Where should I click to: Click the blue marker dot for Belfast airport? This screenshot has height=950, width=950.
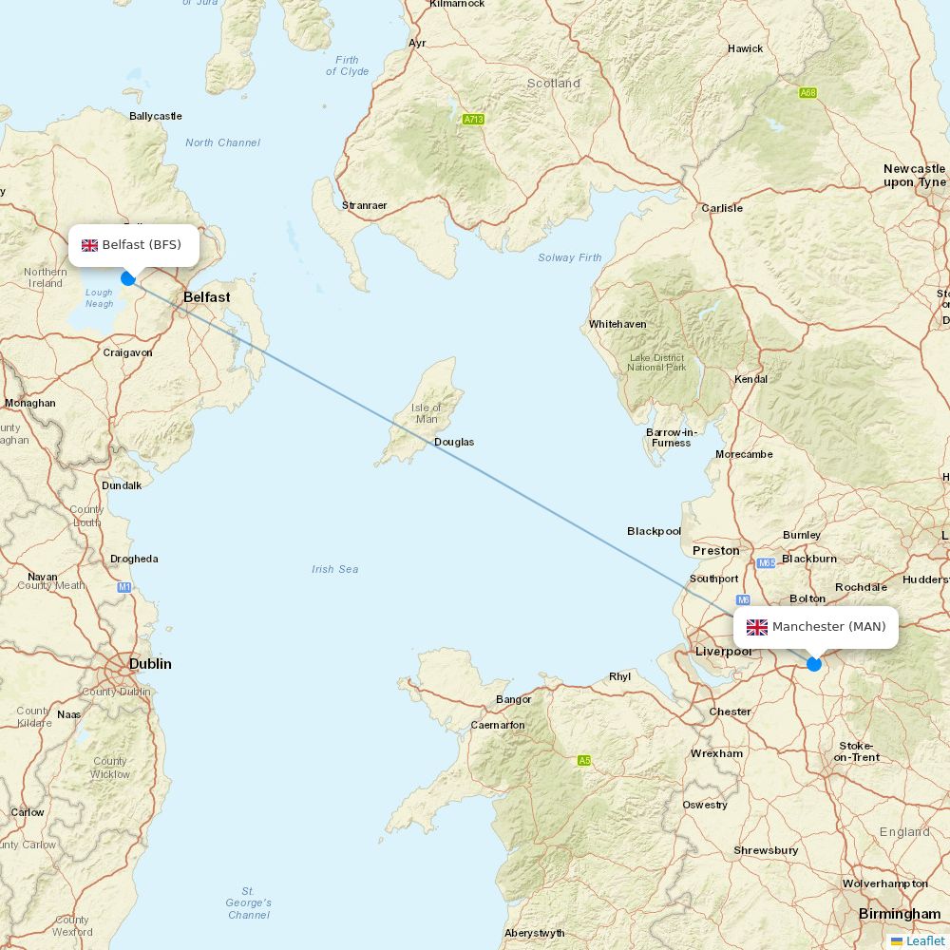point(128,278)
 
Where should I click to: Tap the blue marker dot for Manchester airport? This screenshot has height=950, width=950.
point(814,664)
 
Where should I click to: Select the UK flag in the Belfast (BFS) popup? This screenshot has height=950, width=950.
point(89,245)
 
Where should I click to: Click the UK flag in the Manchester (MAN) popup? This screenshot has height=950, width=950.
point(757,627)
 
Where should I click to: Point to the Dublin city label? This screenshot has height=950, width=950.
point(150,664)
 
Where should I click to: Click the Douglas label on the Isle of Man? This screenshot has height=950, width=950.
point(454,442)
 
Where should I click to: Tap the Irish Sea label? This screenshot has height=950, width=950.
point(335,569)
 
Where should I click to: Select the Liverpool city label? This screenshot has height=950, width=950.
point(724,651)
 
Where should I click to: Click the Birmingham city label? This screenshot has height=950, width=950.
point(899,914)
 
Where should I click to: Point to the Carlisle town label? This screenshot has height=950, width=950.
point(722,208)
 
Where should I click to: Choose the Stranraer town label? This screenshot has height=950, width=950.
point(365,205)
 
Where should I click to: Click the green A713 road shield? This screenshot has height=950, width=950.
point(473,120)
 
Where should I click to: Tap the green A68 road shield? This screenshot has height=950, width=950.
point(807,93)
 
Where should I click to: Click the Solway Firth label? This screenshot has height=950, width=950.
point(570,257)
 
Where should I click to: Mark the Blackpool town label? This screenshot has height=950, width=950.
point(654,531)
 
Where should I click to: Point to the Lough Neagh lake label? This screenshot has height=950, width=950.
point(99,298)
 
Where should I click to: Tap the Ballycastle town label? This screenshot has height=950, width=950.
point(155,116)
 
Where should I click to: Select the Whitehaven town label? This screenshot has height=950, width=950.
point(617,324)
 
